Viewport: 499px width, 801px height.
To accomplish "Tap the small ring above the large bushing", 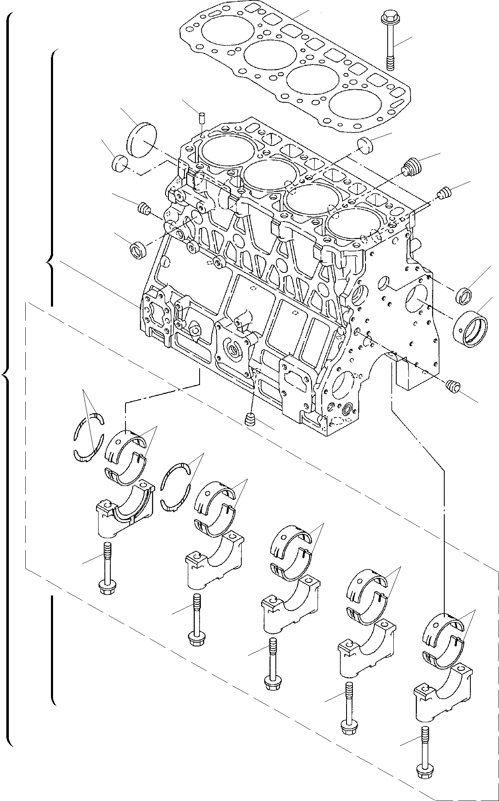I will click(x=464, y=295).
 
